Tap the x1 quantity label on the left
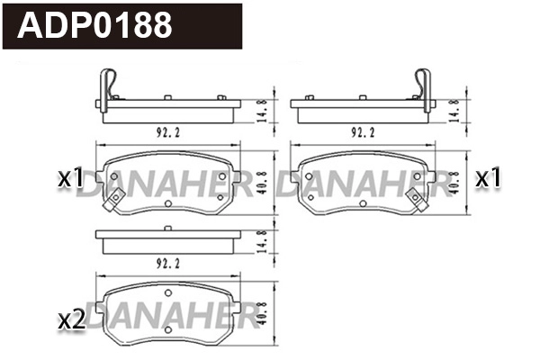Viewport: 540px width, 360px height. pyautogui.click(x=71, y=179)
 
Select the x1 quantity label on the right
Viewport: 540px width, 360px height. pyautogui.click(x=488, y=179)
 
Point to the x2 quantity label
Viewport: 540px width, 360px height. pyautogui.click(x=71, y=319)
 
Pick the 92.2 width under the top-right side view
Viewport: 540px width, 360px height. pyautogui.click(x=362, y=132)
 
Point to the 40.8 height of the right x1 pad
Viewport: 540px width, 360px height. pyautogui.click(x=455, y=182)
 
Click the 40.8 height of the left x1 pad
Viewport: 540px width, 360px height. pyautogui.click(x=261, y=182)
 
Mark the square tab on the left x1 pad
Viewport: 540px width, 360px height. pyautogui.click(x=111, y=203)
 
